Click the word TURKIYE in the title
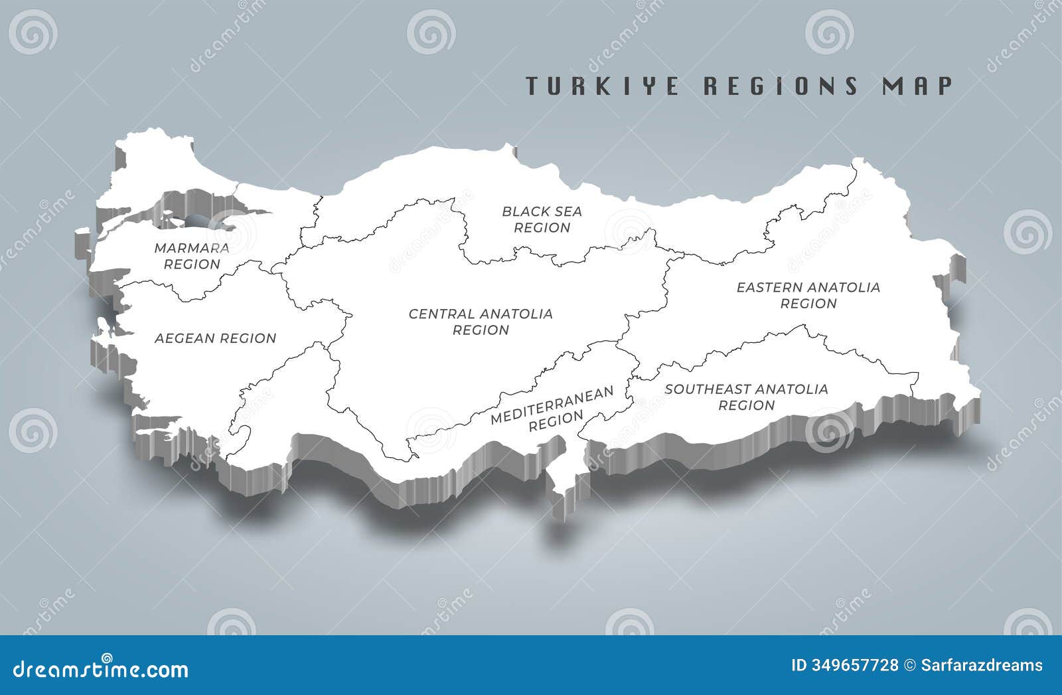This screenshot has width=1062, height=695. click(x=602, y=86)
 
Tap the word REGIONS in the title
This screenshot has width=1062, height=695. click(x=780, y=86)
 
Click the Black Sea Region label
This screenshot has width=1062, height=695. click(x=542, y=219)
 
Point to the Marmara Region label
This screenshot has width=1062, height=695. click(x=192, y=256)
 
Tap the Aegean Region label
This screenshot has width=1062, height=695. click(x=215, y=338)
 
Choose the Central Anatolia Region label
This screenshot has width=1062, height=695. click(x=481, y=322)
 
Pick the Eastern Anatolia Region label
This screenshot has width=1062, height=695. click(x=808, y=295)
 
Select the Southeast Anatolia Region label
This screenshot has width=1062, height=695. click(x=746, y=397)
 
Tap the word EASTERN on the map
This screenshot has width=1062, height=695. click(x=763, y=288)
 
